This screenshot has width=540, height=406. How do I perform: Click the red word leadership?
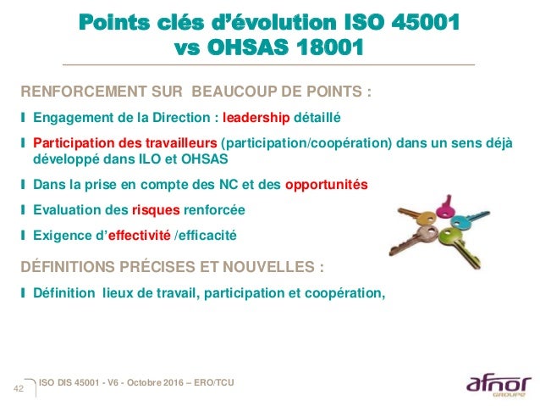point(256,117)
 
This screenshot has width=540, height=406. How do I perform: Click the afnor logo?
point(495,386)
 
